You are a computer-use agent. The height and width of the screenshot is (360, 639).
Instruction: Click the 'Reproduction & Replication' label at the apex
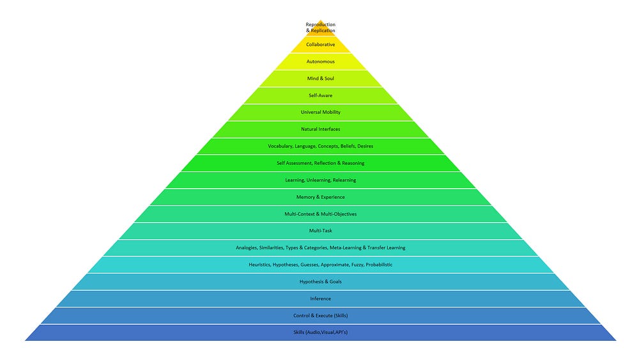point(320,27)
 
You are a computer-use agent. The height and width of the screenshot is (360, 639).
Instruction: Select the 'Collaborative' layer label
point(320,45)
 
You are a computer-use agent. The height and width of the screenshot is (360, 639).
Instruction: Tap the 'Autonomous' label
point(320,61)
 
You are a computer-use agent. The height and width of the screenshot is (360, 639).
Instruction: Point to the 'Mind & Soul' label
point(320,79)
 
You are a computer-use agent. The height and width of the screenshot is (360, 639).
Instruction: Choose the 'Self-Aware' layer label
point(320,95)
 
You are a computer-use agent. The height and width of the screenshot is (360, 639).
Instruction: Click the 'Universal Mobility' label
point(320,113)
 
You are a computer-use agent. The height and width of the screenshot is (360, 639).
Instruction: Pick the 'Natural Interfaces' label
point(320,129)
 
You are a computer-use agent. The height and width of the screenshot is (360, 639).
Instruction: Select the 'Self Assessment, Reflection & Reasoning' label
point(320,163)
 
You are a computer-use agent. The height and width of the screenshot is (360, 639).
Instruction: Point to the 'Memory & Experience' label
point(320,197)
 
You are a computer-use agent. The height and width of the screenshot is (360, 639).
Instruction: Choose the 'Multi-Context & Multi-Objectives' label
point(320,214)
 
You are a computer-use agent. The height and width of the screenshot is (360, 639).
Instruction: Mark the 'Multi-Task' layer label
point(320,231)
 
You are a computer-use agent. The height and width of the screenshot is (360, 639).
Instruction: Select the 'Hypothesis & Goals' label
point(320,282)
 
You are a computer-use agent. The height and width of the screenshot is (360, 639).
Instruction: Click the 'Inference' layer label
point(320,299)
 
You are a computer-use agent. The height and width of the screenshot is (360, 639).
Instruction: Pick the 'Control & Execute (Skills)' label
point(320,316)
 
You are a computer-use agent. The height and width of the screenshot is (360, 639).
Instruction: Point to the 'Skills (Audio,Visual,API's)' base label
point(320,333)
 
